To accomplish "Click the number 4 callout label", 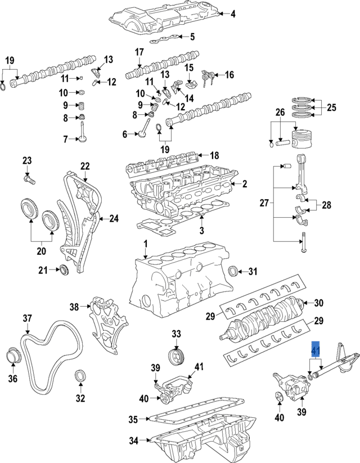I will [x=233, y=14].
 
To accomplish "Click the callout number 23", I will [x=27, y=161].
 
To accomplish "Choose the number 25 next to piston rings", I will [x=331, y=107].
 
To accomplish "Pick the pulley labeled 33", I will [x=177, y=356].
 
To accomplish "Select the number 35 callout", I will [x=133, y=420].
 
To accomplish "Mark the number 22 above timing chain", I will [x=84, y=166].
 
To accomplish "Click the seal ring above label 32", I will [x=81, y=376].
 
